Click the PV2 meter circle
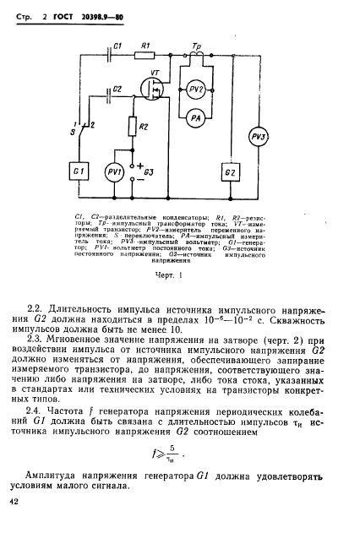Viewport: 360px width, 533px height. click(x=196, y=89)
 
